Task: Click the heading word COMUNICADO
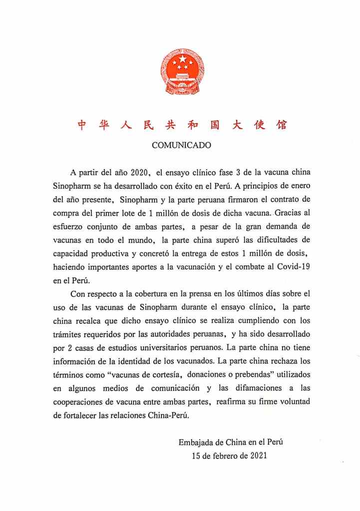[181, 146]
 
